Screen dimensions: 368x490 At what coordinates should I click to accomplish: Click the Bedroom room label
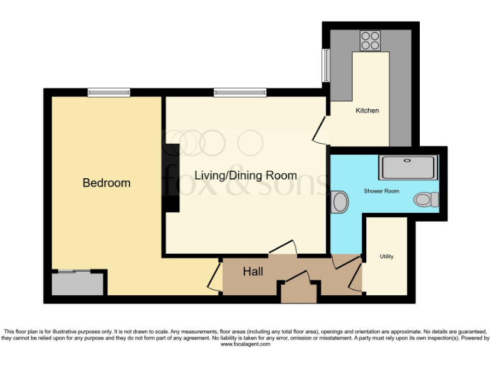107,183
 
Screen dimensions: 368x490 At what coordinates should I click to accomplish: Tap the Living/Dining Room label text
246,175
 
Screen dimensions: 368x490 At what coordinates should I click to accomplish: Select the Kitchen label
367,111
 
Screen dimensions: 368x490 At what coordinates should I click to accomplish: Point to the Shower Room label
381,191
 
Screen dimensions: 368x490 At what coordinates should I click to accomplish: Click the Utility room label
387,256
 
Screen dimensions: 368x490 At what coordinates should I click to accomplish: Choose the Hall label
253,272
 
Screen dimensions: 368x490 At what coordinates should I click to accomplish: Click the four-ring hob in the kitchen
369,41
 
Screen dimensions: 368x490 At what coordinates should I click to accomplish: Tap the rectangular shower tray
408,167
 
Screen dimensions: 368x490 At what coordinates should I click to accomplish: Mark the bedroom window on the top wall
108,93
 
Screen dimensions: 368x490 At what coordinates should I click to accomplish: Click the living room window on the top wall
240,93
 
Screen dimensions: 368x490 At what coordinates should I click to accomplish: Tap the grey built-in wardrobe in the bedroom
77,283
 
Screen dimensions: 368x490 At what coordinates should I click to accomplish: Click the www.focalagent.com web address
245,344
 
